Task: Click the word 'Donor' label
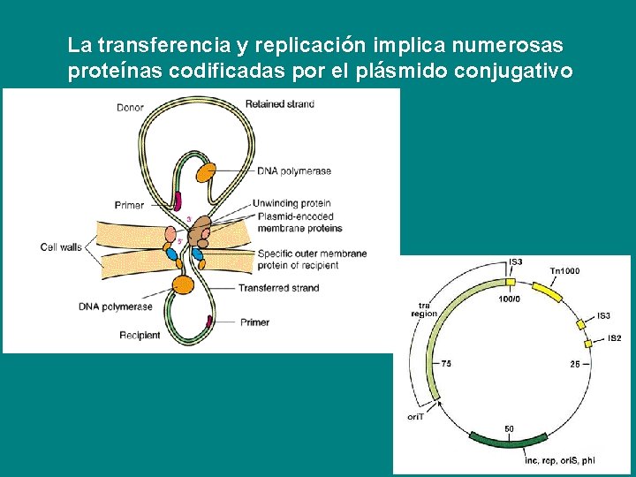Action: (130, 108)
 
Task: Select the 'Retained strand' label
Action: (279, 104)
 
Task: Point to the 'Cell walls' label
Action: (61, 247)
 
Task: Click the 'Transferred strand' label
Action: (278, 288)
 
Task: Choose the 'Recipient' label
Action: (140, 335)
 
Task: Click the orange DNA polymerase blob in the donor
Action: (207, 172)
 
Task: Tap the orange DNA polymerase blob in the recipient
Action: (183, 284)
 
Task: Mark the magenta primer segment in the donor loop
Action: (178, 201)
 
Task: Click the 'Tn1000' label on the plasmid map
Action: (564, 271)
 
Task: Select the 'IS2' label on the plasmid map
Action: (614, 338)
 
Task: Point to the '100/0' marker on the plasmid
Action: (510, 299)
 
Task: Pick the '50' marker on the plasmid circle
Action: (509, 428)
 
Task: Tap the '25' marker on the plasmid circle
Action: (574, 363)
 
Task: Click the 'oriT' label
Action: (415, 416)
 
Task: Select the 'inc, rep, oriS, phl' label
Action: (559, 460)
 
